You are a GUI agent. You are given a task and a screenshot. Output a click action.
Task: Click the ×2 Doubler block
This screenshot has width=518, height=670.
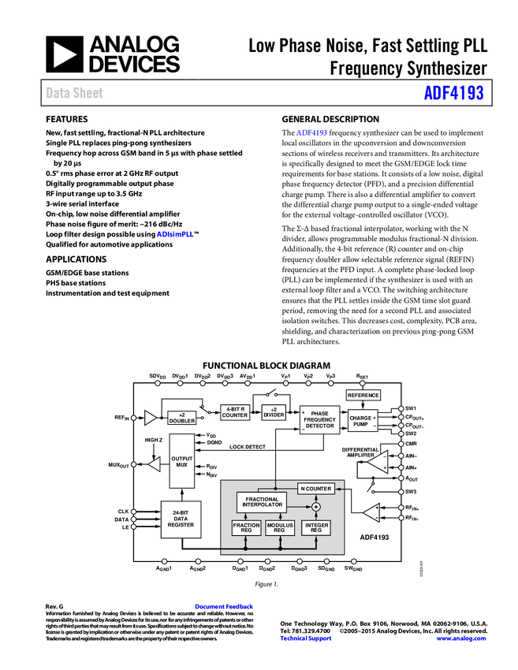click(x=182, y=418)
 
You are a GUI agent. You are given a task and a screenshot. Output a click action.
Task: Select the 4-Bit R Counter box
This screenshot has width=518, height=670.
click(x=235, y=412)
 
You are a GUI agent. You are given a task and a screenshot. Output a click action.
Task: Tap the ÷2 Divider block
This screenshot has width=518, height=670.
click(x=274, y=412)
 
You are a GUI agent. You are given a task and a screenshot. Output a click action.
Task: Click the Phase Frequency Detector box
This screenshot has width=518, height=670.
click(x=319, y=420)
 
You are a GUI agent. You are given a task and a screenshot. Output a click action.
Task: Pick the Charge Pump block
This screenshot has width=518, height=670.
click(x=362, y=422)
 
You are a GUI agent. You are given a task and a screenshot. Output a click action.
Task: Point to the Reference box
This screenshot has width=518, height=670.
click(x=363, y=395)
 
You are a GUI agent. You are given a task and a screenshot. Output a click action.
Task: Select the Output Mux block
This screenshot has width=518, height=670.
click(x=182, y=462)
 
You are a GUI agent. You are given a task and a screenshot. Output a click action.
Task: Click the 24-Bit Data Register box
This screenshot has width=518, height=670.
click(x=181, y=519)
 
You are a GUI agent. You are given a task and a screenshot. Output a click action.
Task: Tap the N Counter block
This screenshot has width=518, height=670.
click(x=316, y=489)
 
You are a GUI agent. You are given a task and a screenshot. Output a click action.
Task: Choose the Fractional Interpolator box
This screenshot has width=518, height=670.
click(x=262, y=501)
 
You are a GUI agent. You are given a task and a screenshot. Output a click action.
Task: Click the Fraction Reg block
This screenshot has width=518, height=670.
click(x=246, y=528)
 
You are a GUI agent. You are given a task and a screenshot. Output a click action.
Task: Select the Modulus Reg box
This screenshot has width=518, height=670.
click(x=280, y=528)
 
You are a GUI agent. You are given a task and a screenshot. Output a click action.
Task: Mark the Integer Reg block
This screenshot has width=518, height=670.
click(x=316, y=528)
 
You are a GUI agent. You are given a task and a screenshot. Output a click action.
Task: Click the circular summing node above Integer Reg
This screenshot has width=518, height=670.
click(x=316, y=507)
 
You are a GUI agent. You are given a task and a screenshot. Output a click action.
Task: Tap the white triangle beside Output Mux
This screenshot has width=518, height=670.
click(x=155, y=464)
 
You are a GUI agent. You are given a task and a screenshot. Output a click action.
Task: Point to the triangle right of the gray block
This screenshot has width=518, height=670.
click(x=371, y=513)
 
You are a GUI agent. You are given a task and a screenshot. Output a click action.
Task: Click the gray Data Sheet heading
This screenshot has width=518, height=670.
click(x=75, y=93)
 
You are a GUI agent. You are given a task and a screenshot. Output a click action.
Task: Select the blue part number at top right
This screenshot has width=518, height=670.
click(x=453, y=93)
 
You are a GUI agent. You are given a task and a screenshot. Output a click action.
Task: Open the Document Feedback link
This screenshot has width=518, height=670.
click(x=225, y=607)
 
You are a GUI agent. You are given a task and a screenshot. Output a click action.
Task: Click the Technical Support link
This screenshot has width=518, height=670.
click(x=306, y=638)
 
